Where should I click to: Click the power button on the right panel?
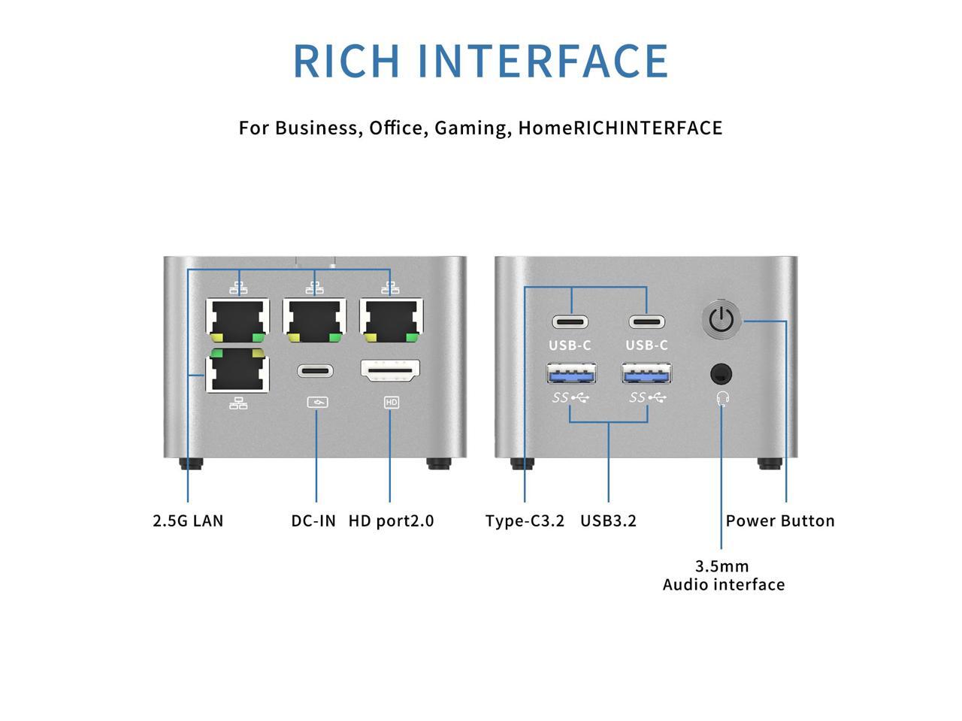(x=721, y=320)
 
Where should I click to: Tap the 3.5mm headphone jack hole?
(x=721, y=373)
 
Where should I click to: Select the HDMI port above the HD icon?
(x=390, y=370)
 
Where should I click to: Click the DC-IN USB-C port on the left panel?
(x=316, y=371)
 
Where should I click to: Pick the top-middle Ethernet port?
(x=315, y=318)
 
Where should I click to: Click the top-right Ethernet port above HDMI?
(x=391, y=318)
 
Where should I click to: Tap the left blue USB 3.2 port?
(x=571, y=373)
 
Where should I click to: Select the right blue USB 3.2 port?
(x=646, y=373)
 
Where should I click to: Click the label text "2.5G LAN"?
(x=188, y=521)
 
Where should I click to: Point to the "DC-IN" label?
(x=313, y=521)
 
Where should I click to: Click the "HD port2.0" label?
(x=391, y=521)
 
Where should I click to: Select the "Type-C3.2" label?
(x=525, y=521)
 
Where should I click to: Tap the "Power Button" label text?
(x=780, y=521)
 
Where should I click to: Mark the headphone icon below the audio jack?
(x=723, y=397)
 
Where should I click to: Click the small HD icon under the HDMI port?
(x=391, y=403)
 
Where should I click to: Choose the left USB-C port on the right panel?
(x=570, y=322)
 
